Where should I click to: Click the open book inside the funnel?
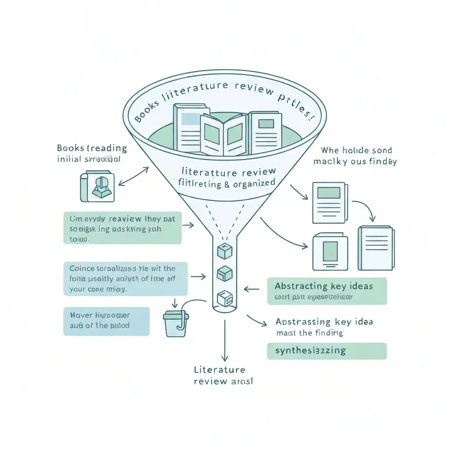(x=224, y=134)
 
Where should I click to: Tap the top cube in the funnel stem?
(x=224, y=251)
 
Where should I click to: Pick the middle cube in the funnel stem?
(x=224, y=274)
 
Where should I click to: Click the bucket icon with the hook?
(x=176, y=323)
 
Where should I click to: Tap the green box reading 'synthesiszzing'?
(x=327, y=351)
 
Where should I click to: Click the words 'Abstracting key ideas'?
(x=324, y=286)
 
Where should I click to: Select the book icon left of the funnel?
(x=97, y=187)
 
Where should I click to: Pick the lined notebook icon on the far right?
(x=376, y=248)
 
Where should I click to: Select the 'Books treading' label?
(x=92, y=148)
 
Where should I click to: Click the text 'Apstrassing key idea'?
(x=324, y=321)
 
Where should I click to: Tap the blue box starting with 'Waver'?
(x=106, y=321)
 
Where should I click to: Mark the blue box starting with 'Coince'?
(x=125, y=278)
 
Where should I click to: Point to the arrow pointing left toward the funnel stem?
(x=252, y=289)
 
